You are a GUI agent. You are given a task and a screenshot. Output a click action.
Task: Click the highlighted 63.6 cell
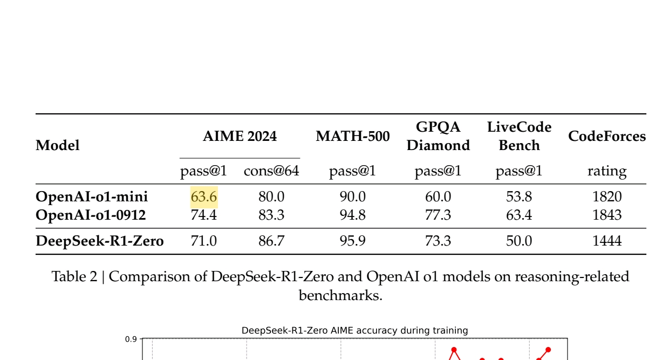204,197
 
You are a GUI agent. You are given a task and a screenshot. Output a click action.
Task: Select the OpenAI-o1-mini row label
92,197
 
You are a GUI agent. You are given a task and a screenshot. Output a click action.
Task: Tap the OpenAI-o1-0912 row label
91,215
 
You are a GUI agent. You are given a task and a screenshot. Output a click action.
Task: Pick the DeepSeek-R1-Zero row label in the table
100,241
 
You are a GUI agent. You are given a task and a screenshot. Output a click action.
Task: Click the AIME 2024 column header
240,136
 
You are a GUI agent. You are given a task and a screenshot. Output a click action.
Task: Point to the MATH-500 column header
353,136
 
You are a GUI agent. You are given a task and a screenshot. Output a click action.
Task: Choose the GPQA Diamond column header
438,136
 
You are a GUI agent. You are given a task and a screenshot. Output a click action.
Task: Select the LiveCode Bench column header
519,136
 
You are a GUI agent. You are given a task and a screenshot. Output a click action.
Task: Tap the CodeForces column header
607,136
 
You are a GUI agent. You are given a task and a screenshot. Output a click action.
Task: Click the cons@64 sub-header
271,171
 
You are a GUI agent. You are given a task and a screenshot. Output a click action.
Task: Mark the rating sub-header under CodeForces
607,172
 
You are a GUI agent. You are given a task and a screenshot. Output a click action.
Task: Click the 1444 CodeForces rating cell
607,241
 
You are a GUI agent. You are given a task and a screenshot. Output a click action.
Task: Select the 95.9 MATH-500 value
353,241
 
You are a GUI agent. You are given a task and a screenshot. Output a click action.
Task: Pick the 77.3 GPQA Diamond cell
438,215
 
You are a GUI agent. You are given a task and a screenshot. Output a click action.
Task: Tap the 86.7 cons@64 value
271,241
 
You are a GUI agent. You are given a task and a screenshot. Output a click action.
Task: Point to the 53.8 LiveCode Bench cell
519,197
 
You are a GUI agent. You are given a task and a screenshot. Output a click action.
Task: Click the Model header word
58,146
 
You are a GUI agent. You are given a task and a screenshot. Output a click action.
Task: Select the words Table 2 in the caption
74,276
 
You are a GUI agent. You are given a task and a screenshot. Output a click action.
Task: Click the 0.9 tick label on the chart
131,339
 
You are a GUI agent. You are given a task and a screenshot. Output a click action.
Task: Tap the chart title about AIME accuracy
355,330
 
